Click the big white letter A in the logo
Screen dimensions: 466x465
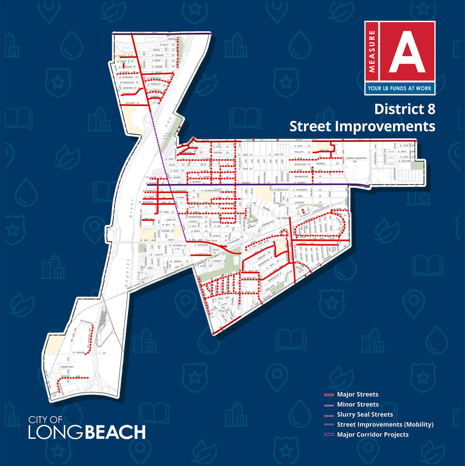[x=407, y=52]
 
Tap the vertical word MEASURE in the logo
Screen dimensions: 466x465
[x=372, y=51]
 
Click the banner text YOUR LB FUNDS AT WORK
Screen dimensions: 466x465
[x=399, y=88]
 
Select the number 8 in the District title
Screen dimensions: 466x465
[x=431, y=109]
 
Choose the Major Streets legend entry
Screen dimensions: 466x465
[x=357, y=394]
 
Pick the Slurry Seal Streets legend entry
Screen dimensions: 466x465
[x=365, y=414]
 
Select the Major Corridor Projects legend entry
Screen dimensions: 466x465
[x=372, y=435]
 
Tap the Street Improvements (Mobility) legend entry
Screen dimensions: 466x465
[x=385, y=424]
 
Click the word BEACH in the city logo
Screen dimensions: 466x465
[x=116, y=432]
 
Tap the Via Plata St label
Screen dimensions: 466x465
[x=86, y=322]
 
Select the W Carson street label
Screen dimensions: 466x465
[x=79, y=353]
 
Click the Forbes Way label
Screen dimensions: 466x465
[x=67, y=367]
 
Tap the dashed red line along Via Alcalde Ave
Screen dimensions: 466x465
[x=92, y=339]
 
